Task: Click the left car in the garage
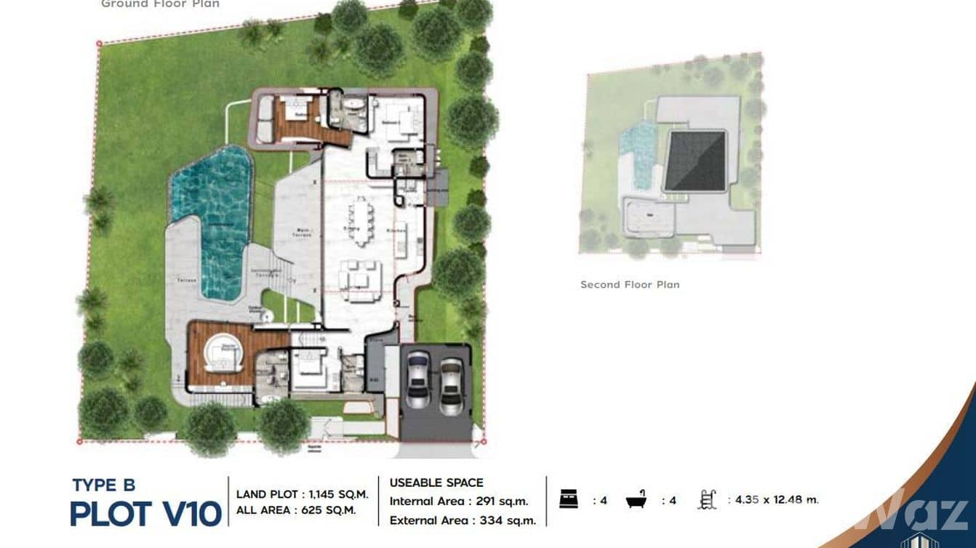pyautogui.click(x=418, y=379)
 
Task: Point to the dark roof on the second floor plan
pyautogui.click(x=696, y=161)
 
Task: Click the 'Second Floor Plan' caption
pyautogui.click(x=630, y=284)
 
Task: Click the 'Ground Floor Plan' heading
pyautogui.click(x=160, y=4)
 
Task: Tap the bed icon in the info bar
pyautogui.click(x=568, y=500)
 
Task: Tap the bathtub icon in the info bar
pyautogui.click(x=637, y=500)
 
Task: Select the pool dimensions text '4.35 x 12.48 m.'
pyautogui.click(x=777, y=500)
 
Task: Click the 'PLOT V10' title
pyautogui.click(x=145, y=514)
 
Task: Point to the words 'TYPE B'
pyautogui.click(x=103, y=485)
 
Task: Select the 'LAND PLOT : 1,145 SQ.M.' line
pyautogui.click(x=302, y=494)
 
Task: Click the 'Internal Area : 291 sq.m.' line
pyautogui.click(x=459, y=501)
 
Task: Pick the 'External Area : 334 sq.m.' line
pyautogui.click(x=463, y=520)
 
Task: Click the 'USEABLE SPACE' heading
pyautogui.click(x=436, y=483)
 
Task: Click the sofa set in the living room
pyautogui.click(x=360, y=275)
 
